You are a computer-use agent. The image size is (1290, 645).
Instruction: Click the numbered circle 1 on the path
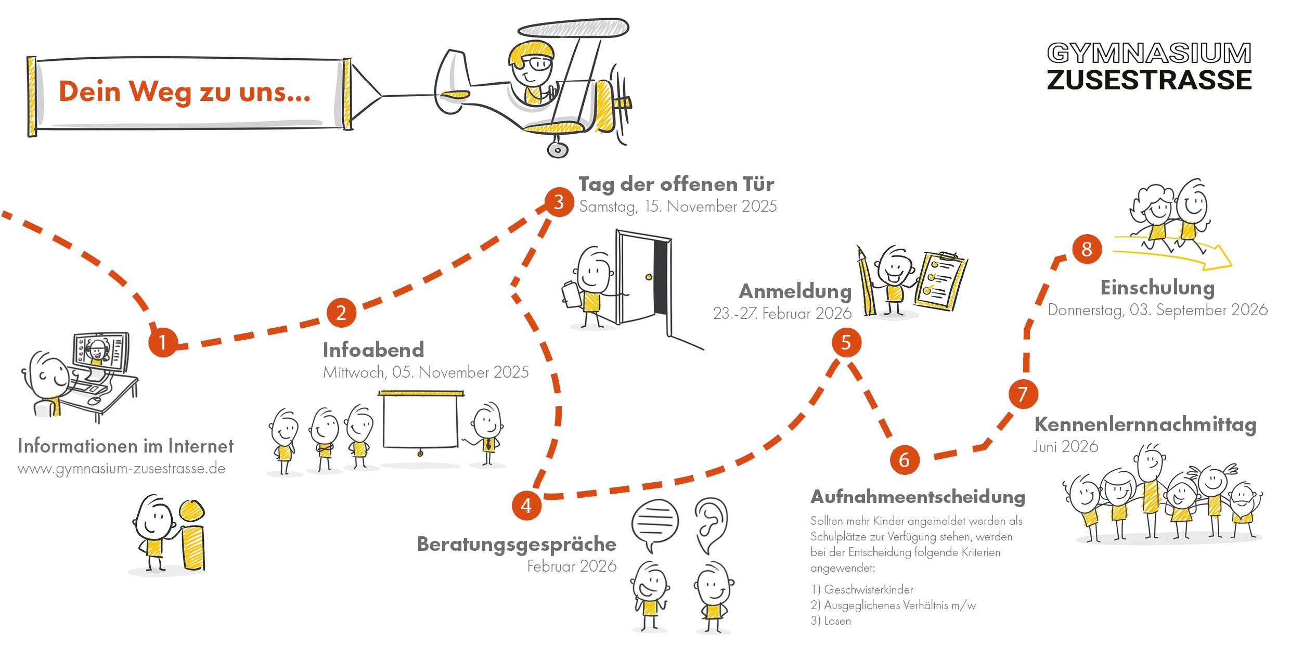click(x=163, y=342)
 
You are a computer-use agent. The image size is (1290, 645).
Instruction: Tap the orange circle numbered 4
click(x=526, y=505)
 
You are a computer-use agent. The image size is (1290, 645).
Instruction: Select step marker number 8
click(x=1087, y=249)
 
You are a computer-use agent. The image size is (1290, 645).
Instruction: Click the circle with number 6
click(x=904, y=460)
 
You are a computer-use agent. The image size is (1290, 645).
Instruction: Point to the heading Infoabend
click(x=373, y=350)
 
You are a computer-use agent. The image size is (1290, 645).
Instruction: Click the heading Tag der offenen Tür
click(x=676, y=185)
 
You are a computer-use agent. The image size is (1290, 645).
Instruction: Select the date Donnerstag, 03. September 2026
click(x=1157, y=310)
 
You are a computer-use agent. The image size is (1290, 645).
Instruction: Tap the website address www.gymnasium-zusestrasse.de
click(x=122, y=469)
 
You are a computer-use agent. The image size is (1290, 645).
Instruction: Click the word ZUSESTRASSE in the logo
click(x=1149, y=81)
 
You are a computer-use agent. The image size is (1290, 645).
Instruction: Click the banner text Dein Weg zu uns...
click(x=185, y=92)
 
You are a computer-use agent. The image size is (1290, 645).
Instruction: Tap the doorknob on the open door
click(x=649, y=277)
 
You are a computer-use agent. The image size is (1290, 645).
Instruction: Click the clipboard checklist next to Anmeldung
click(x=940, y=281)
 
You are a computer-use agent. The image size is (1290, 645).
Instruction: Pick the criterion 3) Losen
click(x=831, y=621)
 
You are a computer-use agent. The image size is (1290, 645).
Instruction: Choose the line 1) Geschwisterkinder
click(x=862, y=589)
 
